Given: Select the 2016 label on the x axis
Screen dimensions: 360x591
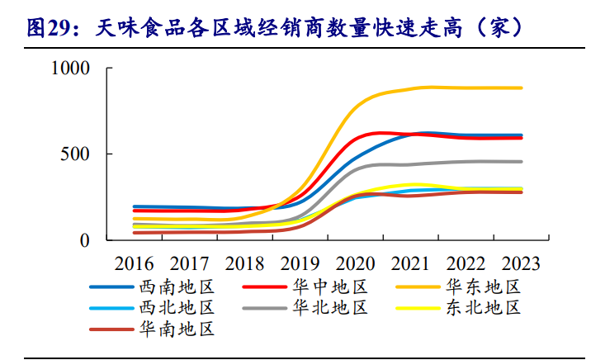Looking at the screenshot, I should [135, 264].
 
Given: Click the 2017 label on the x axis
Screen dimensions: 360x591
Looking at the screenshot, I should [189, 264].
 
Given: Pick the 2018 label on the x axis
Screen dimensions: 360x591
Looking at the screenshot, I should [244, 264].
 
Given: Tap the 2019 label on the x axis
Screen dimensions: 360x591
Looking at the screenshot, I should [300, 264].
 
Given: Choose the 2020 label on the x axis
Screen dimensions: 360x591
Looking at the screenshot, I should [355, 264].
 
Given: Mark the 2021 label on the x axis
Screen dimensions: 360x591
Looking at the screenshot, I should [410, 264].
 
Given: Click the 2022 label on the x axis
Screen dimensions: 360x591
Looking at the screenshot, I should [466, 264].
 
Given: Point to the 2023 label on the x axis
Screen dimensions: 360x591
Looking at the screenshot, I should [520, 264].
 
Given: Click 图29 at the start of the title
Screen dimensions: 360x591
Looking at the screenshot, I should [46, 28].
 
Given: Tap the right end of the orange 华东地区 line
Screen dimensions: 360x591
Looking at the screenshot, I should [522, 88].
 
